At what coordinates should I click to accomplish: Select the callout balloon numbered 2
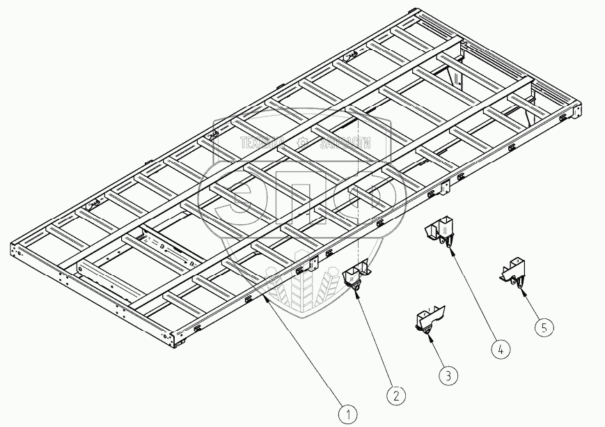pyautogui.click(x=395, y=395)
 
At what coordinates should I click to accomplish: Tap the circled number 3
pyautogui.click(x=449, y=375)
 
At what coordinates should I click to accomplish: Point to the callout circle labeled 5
pyautogui.click(x=545, y=325)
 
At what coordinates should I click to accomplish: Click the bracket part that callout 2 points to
pyautogui.click(x=356, y=277)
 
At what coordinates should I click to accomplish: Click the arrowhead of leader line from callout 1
pyautogui.click(x=265, y=295)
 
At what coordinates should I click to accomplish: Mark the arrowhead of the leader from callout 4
pyautogui.click(x=451, y=248)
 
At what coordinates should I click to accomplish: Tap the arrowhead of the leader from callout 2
pyautogui.click(x=356, y=292)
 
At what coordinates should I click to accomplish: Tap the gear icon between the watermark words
pyautogui.click(x=302, y=143)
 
